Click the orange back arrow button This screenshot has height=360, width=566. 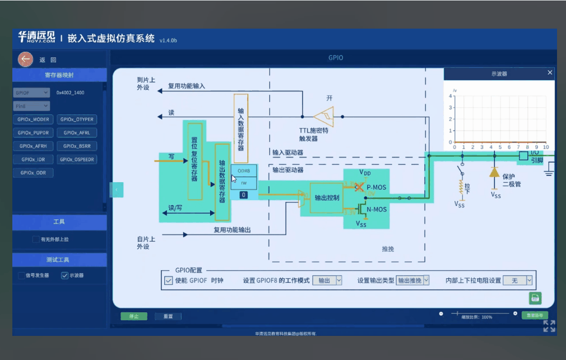coord(25,59)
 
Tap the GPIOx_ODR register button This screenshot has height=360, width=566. coord(34,173)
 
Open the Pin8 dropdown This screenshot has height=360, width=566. coord(31,105)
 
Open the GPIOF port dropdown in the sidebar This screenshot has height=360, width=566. coord(31,93)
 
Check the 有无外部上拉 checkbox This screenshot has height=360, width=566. coord(36,239)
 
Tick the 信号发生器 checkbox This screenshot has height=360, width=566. coord(21,275)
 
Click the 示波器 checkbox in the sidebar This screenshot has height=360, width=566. coord(64,275)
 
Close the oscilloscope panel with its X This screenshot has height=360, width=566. coord(550,73)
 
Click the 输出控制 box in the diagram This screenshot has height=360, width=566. coord(326,197)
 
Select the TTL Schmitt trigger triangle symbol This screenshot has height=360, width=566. coord(323,117)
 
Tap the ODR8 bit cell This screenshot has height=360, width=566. coord(244,170)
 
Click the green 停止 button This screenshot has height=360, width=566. coord(134,316)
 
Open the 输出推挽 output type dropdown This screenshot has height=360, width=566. coord(412,280)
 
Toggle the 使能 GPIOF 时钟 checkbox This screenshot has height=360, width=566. coord(168,280)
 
